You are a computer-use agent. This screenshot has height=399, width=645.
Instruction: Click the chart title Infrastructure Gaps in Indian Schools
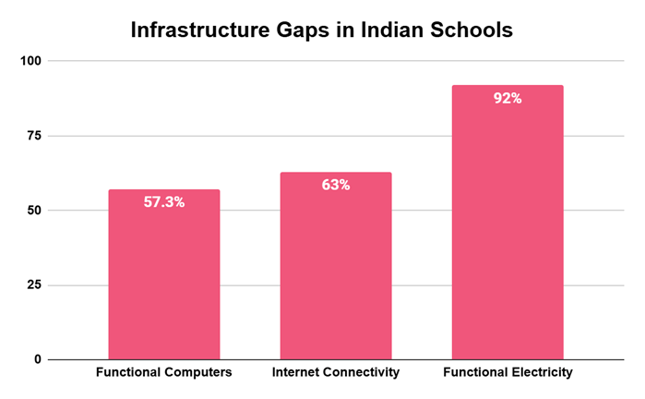tap(321, 30)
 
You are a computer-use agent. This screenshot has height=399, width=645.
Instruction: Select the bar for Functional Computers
tap(163, 277)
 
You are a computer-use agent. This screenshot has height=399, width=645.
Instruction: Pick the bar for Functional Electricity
tap(507, 231)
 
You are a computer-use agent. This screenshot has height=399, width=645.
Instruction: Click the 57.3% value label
tap(163, 201)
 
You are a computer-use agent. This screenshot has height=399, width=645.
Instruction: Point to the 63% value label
tap(335, 185)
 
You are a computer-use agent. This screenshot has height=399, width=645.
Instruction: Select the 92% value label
tap(507, 98)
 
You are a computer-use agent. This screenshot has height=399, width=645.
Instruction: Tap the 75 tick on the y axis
tap(33, 136)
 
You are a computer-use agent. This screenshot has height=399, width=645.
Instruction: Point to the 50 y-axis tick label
tap(33, 211)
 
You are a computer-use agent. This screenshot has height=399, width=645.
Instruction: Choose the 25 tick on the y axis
tap(33, 285)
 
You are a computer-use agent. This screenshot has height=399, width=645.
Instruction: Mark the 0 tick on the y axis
tap(38, 359)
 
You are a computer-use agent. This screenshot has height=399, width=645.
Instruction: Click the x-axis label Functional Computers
tap(163, 373)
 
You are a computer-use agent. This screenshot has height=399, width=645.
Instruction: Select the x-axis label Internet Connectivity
tap(335, 373)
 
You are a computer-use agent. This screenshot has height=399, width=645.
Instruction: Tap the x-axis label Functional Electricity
tap(508, 373)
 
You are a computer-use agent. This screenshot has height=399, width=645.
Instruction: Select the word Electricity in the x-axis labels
tap(540, 373)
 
